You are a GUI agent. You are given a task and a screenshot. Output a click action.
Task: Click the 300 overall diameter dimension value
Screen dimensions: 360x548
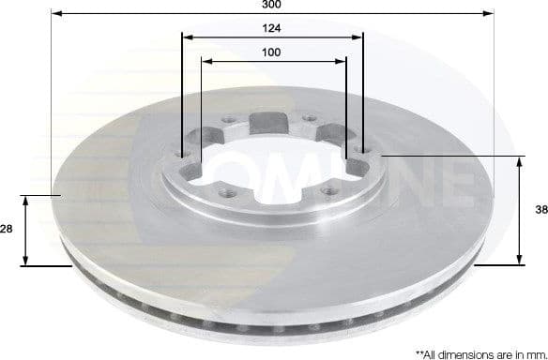272,5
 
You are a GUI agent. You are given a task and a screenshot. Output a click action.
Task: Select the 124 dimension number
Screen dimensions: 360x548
272,28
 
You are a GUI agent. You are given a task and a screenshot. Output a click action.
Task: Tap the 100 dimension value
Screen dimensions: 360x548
272,52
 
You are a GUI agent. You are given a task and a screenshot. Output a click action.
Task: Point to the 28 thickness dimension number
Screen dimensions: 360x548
8,229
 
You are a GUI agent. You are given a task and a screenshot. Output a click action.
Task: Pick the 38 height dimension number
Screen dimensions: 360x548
540,210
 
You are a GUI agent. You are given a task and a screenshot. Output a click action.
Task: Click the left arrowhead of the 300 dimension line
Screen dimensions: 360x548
55,14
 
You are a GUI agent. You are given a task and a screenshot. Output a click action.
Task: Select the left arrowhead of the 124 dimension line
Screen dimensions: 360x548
186,37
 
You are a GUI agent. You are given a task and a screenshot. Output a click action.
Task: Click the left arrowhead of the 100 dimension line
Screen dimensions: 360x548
205,61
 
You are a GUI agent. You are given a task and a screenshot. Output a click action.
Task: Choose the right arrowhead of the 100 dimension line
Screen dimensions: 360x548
342,61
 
